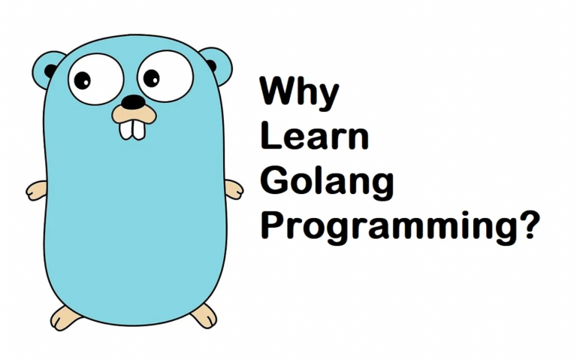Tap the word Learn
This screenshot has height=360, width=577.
tap(314, 138)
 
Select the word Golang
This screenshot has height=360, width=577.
tap(326, 183)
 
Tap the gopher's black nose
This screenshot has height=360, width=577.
tap(134, 101)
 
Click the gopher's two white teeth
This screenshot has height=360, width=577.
tap(134, 129)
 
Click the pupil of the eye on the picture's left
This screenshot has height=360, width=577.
tap(82, 79)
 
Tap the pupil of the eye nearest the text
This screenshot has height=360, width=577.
tap(151, 77)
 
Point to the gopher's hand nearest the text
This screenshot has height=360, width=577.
tap(234, 189)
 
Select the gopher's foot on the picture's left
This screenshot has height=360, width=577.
tap(65, 317)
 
